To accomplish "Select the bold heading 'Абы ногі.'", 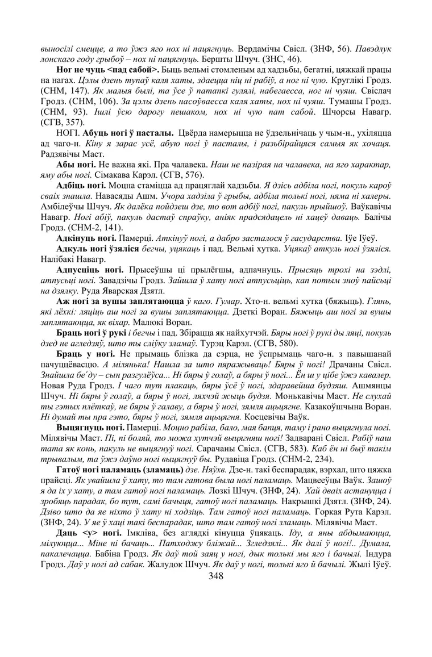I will [76, 165].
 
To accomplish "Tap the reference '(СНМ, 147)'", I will [62, 90].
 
